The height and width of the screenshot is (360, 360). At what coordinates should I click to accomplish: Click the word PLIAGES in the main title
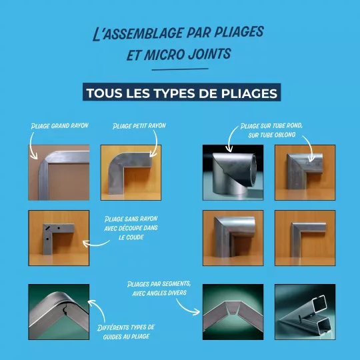pos(239,32)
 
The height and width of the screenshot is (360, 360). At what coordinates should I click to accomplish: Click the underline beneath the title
pos(180,69)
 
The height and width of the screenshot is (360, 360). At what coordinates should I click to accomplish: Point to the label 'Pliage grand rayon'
pos(60,126)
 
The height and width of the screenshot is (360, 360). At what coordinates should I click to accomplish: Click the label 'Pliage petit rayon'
pos(139,126)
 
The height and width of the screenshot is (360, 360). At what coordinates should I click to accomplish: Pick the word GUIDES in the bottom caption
pos(110,337)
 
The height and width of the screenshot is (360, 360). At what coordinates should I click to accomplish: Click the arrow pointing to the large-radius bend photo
pos(32,146)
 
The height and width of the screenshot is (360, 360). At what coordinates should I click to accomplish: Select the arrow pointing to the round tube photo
pos(231,139)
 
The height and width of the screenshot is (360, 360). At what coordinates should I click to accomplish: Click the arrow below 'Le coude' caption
pos(96,244)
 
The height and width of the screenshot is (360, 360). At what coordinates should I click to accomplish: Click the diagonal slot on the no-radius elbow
pos(48,228)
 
